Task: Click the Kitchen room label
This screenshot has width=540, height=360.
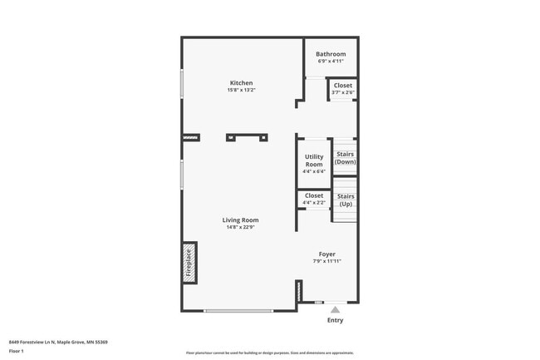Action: click(x=242, y=82)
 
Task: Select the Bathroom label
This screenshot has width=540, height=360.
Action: click(x=331, y=54)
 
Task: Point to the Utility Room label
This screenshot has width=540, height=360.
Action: click(x=314, y=160)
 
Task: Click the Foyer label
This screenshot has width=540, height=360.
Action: click(x=327, y=254)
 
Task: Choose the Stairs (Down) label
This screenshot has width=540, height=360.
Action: click(x=346, y=157)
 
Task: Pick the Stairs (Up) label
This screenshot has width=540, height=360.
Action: click(x=346, y=200)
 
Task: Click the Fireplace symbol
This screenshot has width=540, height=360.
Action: click(x=189, y=263)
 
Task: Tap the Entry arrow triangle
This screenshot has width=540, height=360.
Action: click(x=335, y=308)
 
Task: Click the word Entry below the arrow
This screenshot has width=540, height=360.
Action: click(x=335, y=320)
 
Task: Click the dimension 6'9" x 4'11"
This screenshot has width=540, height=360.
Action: click(x=331, y=62)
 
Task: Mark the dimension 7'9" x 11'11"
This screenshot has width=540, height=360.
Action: click(x=327, y=261)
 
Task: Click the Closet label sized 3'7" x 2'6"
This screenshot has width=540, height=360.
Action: click(x=343, y=85)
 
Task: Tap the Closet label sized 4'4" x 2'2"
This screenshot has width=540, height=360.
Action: click(x=314, y=195)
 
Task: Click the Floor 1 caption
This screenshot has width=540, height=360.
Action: click(x=17, y=351)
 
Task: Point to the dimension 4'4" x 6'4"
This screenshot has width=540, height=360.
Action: click(x=314, y=172)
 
